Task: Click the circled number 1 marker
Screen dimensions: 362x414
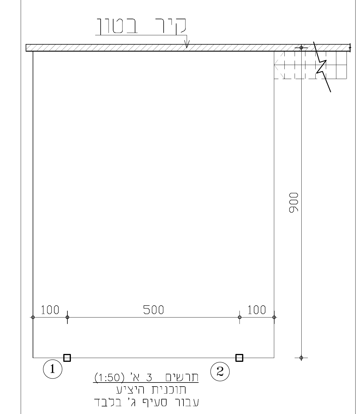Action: [x=53, y=369]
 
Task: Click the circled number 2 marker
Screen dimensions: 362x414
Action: [x=220, y=372]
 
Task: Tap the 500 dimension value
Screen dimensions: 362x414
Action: [x=153, y=310]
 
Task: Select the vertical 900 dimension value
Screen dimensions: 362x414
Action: [x=293, y=203]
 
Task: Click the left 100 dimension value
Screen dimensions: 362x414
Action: [x=50, y=310]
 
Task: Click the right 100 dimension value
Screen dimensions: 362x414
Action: [x=257, y=310]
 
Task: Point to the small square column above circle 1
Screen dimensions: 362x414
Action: [x=67, y=358]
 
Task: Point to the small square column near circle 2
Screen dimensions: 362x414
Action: [x=239, y=358]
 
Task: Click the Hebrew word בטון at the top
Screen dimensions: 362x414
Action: [x=117, y=26]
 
